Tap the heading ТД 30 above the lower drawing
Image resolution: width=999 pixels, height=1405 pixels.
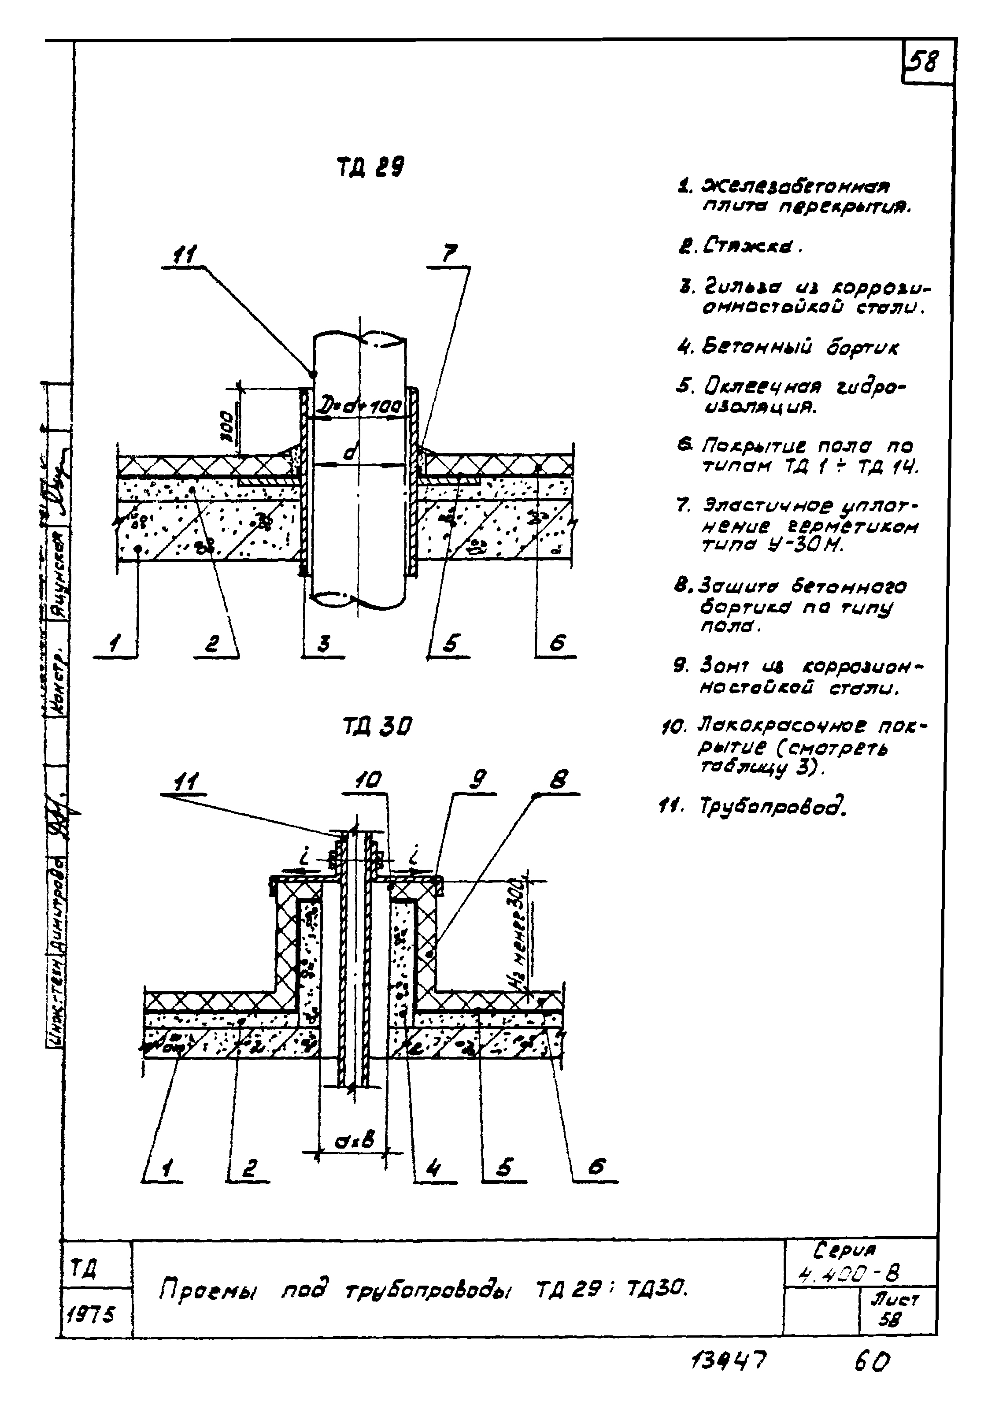coord(377,728)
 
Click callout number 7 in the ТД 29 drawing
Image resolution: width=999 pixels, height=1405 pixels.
coord(450,253)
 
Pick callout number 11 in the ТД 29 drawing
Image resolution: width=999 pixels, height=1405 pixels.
coord(183,254)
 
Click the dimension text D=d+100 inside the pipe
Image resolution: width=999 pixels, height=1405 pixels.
coord(360,406)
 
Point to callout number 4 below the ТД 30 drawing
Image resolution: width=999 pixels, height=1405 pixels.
coord(434,1168)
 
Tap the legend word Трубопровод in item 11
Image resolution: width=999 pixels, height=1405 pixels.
coord(772,805)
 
